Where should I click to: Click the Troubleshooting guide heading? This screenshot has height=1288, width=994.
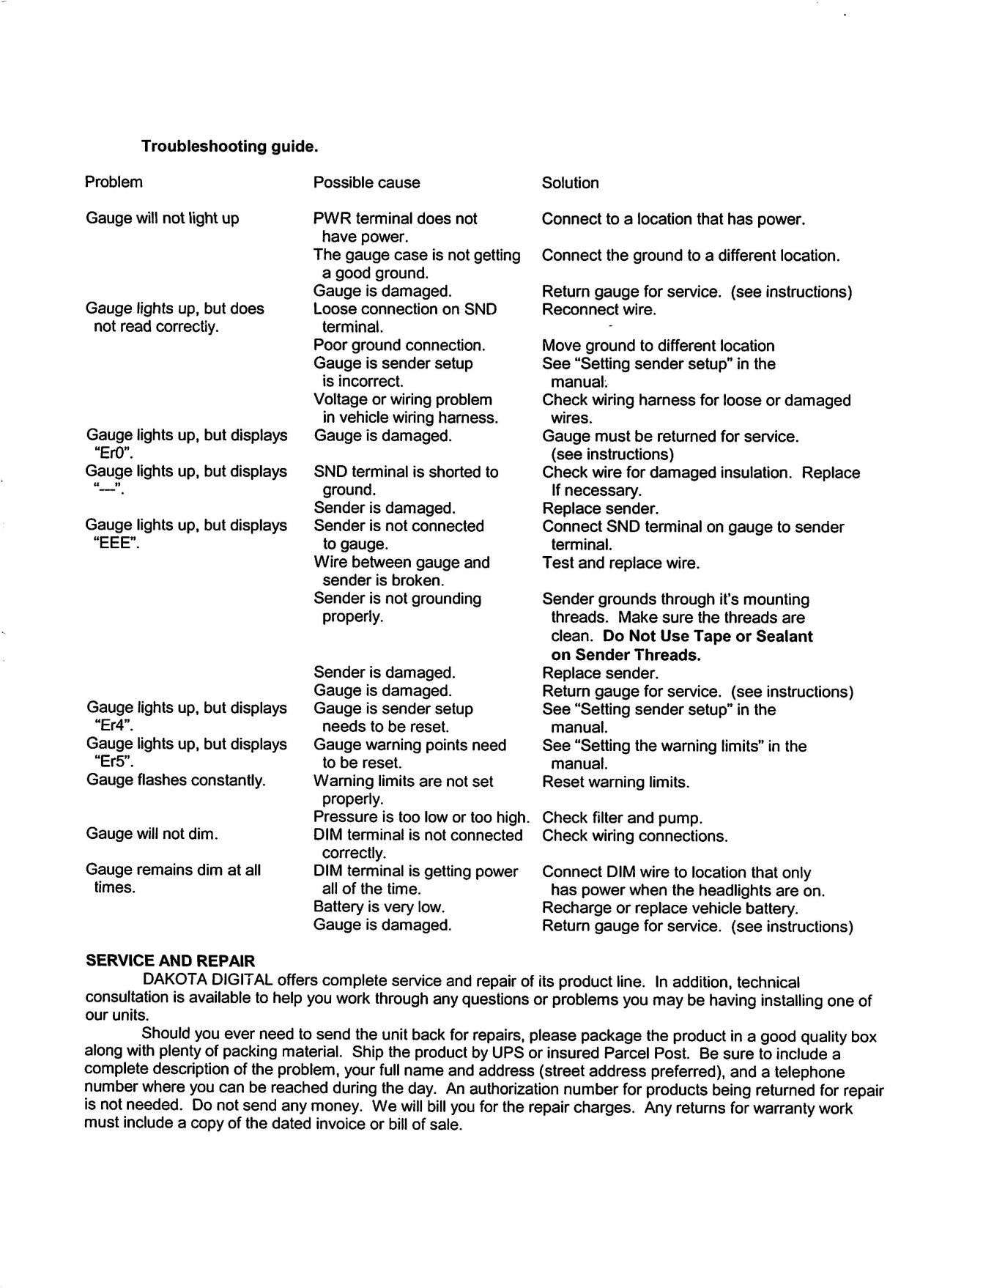(x=229, y=147)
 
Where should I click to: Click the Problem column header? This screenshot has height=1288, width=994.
(x=114, y=182)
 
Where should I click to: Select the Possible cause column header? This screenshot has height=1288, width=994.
(x=366, y=182)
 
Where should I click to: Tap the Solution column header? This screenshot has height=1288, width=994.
(x=570, y=182)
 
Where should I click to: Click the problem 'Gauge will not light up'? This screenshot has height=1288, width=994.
(x=163, y=218)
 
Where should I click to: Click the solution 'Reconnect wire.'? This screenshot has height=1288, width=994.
(x=598, y=309)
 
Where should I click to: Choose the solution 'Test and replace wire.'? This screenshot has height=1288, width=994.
(x=620, y=563)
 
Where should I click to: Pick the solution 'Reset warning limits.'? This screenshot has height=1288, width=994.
(x=615, y=782)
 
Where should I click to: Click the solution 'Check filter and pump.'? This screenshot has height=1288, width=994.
(x=622, y=818)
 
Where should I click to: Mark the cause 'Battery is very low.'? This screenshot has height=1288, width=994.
(x=379, y=907)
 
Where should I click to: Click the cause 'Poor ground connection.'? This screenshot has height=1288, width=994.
(x=399, y=345)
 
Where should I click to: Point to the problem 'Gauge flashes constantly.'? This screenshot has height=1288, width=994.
(x=176, y=780)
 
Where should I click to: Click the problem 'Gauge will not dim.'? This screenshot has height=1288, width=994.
(x=152, y=834)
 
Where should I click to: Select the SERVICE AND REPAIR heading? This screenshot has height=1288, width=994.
(x=170, y=961)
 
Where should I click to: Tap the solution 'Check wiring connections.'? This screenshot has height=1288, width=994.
(x=634, y=836)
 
